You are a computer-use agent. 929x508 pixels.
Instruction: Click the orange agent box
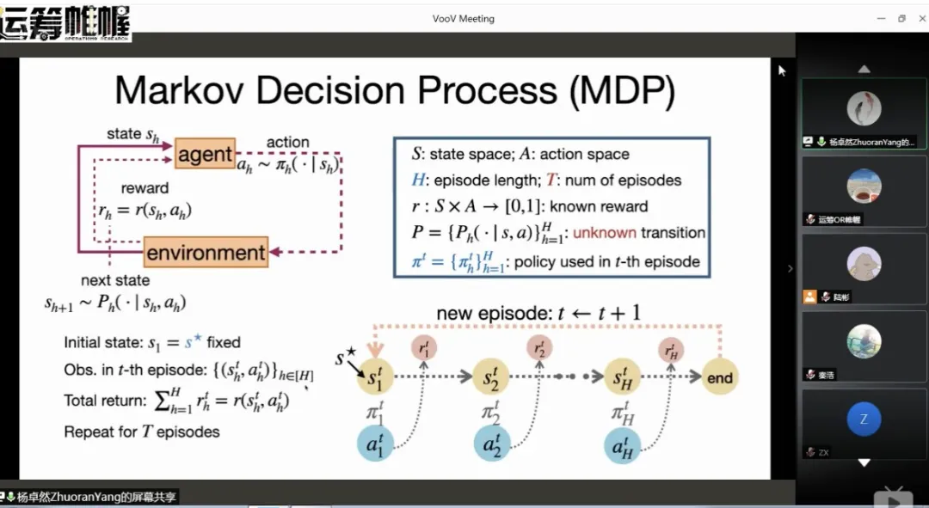[205, 155]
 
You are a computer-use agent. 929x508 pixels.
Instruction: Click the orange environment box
[206, 253]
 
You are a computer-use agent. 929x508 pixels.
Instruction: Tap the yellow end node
[720, 378]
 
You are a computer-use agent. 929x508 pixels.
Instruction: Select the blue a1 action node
[375, 445]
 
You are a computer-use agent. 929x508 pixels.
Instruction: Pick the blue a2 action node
[492, 445]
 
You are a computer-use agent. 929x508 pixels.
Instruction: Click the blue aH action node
[621, 445]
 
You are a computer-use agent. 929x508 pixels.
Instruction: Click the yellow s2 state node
[492, 377]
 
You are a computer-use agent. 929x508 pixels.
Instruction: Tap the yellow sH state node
[621, 377]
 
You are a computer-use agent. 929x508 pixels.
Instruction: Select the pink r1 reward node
[423, 347]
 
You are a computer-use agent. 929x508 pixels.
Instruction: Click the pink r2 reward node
[540, 347]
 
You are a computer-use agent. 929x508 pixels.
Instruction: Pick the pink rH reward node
[671, 349]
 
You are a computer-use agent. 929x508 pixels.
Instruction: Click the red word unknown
[605, 233]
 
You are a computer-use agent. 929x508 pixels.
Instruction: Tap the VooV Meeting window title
[463, 19]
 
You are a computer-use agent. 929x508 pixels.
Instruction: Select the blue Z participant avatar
[864, 419]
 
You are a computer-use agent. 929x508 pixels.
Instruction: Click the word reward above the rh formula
[145, 187]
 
